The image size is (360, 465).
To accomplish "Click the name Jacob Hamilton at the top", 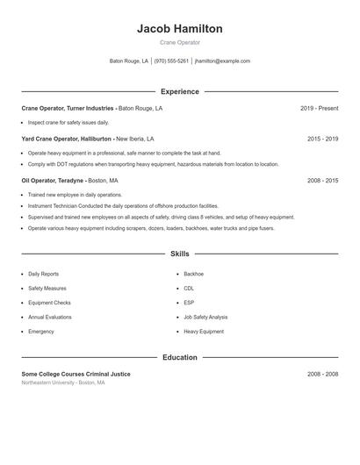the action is click(x=179, y=29).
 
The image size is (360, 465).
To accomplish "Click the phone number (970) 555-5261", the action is click(x=171, y=61).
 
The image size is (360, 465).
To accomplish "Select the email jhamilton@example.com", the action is click(x=223, y=61).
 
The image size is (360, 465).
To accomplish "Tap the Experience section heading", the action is click(x=179, y=91).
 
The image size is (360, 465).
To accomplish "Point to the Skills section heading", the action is click(x=179, y=254).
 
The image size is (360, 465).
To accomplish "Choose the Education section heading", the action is click(x=179, y=357).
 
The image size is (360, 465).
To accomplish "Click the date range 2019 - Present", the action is click(x=319, y=108).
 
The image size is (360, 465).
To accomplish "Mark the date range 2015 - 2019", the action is click(x=322, y=139).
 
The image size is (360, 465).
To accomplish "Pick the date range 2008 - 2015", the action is click(x=322, y=180).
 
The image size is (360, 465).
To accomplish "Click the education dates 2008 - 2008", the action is click(x=322, y=374).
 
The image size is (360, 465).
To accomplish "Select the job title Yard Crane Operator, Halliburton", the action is click(x=67, y=139).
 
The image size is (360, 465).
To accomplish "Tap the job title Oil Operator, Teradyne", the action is click(x=54, y=180).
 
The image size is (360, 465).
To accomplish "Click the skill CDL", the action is click(x=189, y=288).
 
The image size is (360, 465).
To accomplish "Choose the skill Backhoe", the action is click(x=193, y=274).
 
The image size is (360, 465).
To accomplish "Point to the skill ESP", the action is click(x=189, y=303).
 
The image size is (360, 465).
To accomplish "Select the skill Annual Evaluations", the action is click(x=50, y=317).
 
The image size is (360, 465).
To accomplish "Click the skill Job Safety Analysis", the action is click(x=205, y=317).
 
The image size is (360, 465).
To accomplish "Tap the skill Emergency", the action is click(x=41, y=332).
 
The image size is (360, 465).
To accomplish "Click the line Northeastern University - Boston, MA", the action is click(x=63, y=383).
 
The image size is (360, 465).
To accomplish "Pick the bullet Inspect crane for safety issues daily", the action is click(x=68, y=123).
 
